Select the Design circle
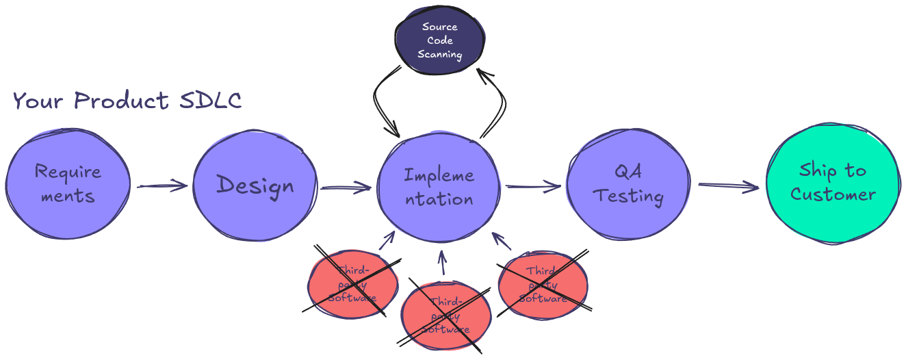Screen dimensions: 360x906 pos(255,185)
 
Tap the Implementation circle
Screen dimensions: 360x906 pos(439,187)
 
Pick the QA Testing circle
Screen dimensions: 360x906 pos(628,183)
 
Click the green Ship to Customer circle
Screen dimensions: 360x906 pos(832,183)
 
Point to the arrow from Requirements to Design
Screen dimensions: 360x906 pos(161,185)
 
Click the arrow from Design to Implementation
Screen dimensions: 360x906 pos(346,188)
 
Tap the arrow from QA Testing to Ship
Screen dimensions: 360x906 pos(728,186)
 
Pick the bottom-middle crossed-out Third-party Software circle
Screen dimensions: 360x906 pos(445,315)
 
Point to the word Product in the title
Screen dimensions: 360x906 pos(122,101)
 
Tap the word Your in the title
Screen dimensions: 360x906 pos(38,101)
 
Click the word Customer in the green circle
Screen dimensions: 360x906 pos(833,194)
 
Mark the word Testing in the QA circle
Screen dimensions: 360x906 pos(628,196)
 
